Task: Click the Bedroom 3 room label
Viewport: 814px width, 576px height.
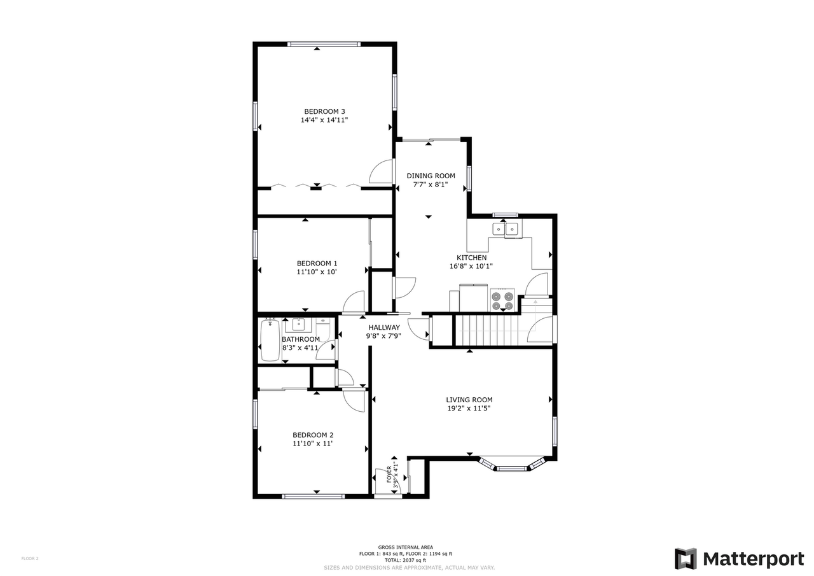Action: click(x=324, y=111)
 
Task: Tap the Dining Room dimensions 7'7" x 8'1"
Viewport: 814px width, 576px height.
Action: click(x=431, y=185)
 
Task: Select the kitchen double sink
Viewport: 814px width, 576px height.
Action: click(x=506, y=229)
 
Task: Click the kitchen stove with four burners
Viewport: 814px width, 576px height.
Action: click(x=502, y=300)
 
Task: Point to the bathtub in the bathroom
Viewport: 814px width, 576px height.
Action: click(x=270, y=341)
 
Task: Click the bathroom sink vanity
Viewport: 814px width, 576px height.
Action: click(x=298, y=325)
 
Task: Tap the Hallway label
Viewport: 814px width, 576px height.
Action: click(x=383, y=328)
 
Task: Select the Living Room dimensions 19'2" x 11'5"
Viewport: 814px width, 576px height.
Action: click(x=469, y=409)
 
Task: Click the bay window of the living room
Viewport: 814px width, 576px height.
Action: click(x=512, y=467)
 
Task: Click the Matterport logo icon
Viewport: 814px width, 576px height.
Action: click(x=686, y=559)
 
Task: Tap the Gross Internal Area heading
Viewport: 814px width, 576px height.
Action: click(x=405, y=547)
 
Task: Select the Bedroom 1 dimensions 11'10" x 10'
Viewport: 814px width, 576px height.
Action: click(x=317, y=272)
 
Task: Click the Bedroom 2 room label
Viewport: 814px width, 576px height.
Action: click(x=312, y=435)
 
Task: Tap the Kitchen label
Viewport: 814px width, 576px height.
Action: click(x=471, y=258)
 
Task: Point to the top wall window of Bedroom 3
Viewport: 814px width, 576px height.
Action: click(x=324, y=44)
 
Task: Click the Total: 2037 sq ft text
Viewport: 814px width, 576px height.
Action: click(x=406, y=560)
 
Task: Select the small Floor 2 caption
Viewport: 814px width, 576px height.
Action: click(x=30, y=558)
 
